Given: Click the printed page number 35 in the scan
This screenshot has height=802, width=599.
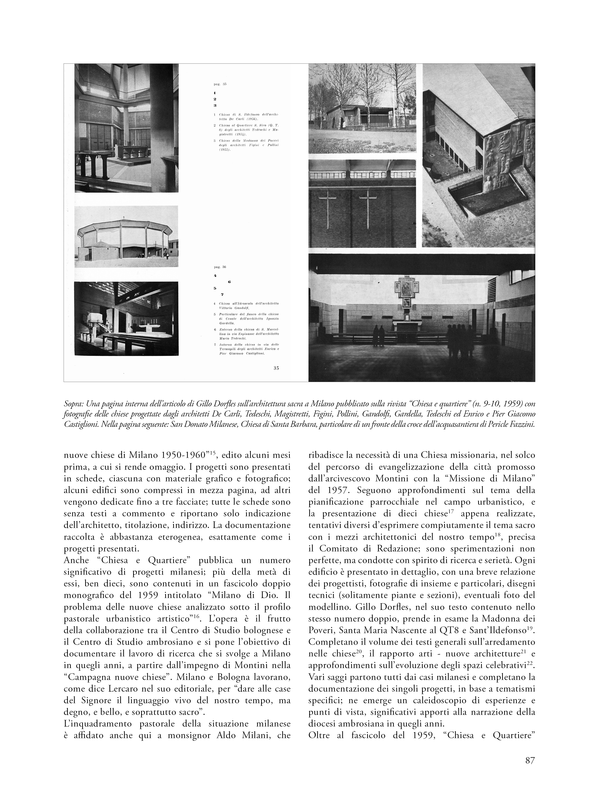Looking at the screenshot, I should point(276,368).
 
